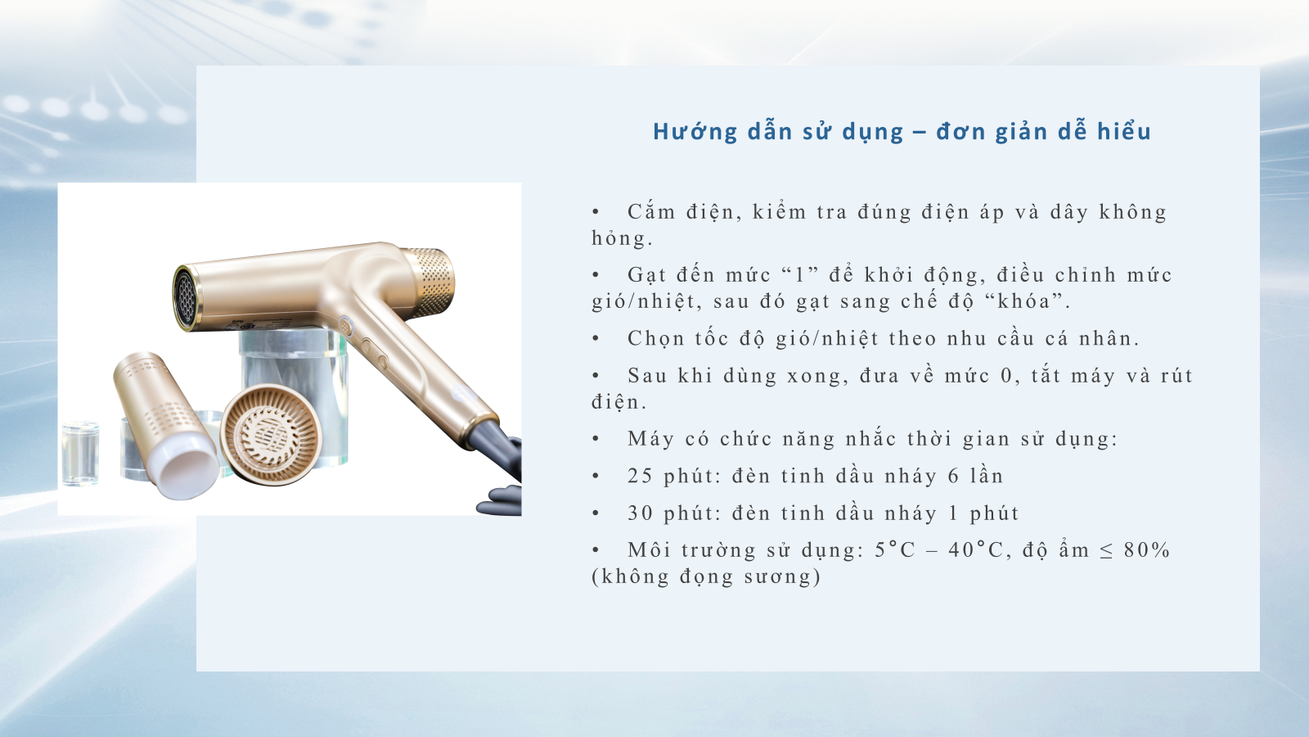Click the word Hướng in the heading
695,131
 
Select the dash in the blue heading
920,132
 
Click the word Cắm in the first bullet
651,212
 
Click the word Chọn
655,339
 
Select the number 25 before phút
640,476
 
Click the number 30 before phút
640,513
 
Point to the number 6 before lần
953,476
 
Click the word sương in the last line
776,576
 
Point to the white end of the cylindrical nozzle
188,469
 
